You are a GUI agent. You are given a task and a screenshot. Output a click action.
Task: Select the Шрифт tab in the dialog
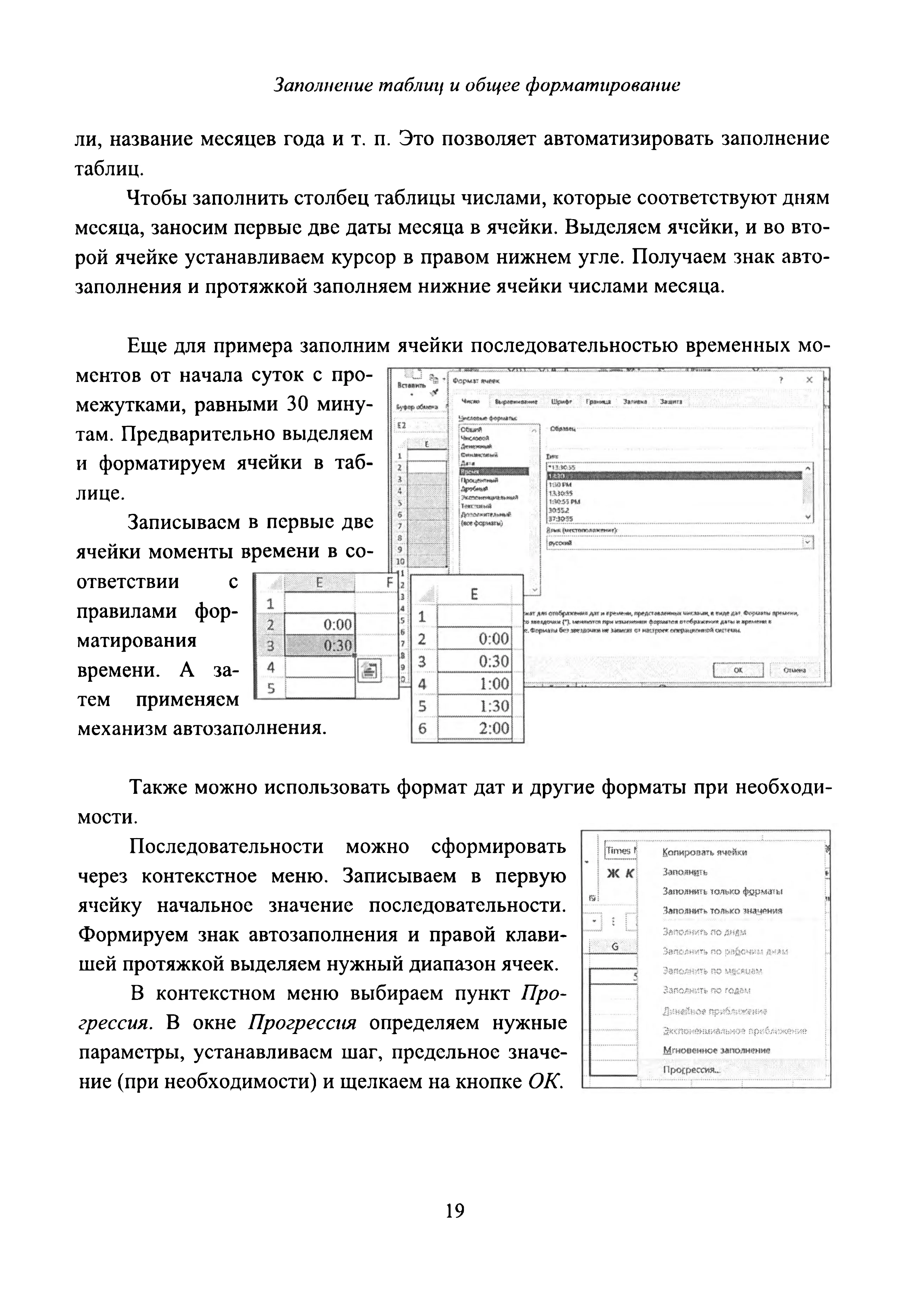[562, 401]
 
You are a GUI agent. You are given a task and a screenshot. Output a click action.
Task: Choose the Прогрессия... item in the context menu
[691, 1070]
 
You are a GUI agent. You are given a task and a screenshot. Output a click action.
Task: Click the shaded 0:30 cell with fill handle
[321, 646]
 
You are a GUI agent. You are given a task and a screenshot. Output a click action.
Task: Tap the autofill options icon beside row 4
[369, 670]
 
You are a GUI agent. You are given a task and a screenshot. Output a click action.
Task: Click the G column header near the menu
[614, 946]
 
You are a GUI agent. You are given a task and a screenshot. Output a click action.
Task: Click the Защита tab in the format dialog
[671, 401]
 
